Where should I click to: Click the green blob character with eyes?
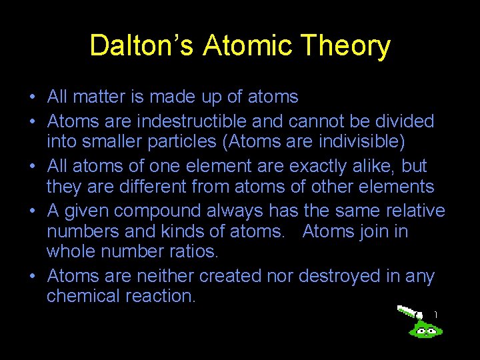point(425,328)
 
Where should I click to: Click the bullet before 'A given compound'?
point(33,211)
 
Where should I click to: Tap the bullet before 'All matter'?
point(33,97)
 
